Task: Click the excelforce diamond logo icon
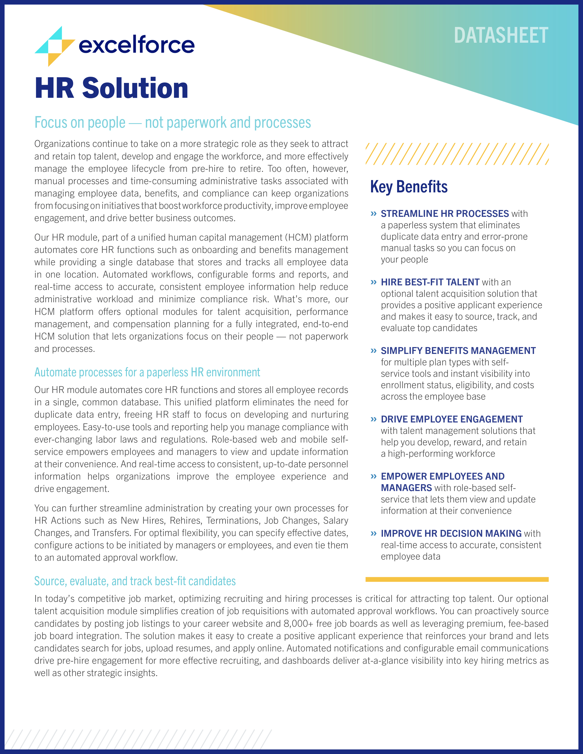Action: click(55, 46)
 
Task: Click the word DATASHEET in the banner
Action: click(500, 36)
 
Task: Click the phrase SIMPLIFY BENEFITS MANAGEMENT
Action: click(458, 350)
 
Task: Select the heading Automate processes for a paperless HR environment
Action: click(147, 372)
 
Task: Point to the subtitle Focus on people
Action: click(172, 122)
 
